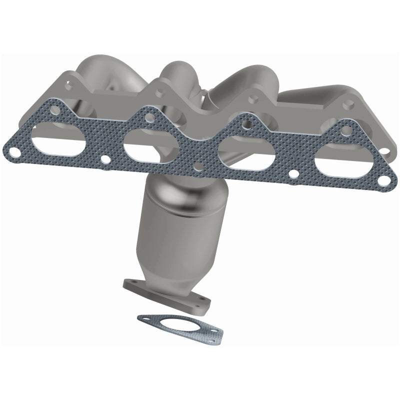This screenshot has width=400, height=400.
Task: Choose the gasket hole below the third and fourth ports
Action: tap(296, 176)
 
